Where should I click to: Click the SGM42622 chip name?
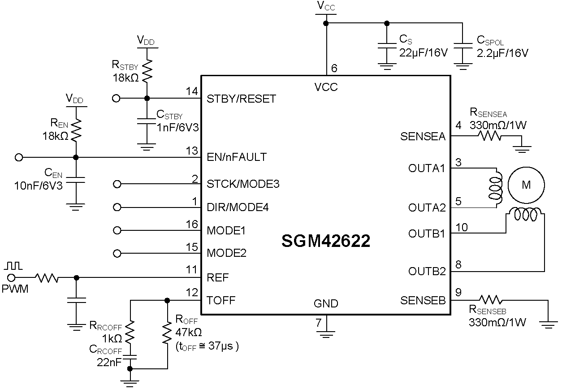(326, 242)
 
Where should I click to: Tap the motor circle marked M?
(526, 185)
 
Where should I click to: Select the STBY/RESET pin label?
(241, 99)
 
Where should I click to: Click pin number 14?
(192, 91)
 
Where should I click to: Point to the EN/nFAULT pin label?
(237, 157)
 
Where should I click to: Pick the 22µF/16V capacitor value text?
(423, 52)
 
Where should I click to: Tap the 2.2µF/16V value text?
(502, 52)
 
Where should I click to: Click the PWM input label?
(14, 289)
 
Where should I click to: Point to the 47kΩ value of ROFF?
(189, 332)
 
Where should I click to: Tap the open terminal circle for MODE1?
(117, 230)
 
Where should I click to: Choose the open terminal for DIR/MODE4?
(117, 207)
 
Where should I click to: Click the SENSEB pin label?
(423, 300)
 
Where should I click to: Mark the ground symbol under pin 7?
(326, 332)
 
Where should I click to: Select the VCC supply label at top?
(326, 6)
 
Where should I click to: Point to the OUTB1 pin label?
(427, 233)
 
